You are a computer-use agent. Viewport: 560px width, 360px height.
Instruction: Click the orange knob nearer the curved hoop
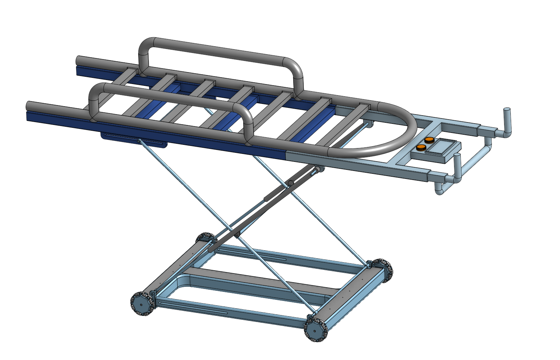click(421, 147)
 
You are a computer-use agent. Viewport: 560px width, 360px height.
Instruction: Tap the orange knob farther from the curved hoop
click(430, 140)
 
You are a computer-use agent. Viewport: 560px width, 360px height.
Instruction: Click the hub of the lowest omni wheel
click(316, 330)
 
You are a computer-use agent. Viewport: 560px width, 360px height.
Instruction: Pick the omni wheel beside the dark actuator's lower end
click(204, 239)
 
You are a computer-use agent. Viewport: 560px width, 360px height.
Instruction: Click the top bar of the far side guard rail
click(217, 51)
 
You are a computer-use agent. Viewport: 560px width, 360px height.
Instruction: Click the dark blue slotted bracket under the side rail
click(134, 139)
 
